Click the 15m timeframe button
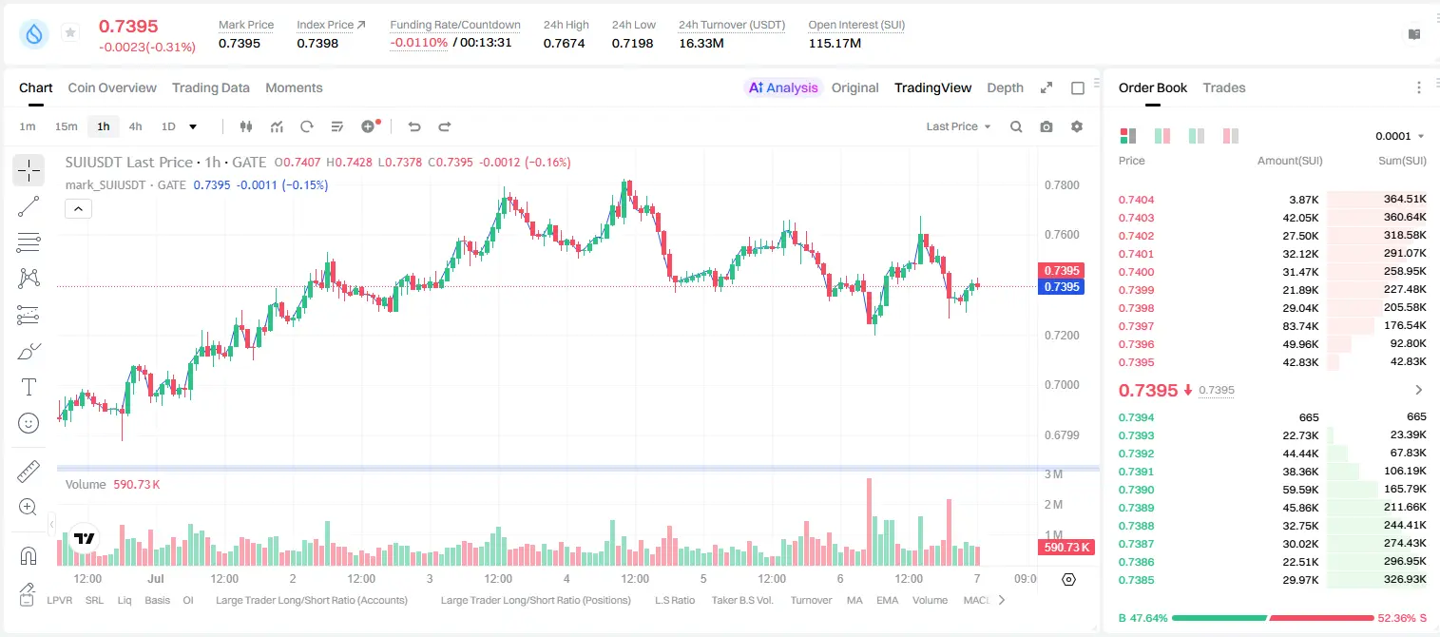pos(67,126)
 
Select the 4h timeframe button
pos(135,126)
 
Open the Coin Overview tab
pos(112,87)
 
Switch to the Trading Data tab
pos(211,87)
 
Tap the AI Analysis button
pos(783,87)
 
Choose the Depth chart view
pos(1005,87)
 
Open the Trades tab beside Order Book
pos(1224,87)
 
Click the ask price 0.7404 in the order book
pos(1136,200)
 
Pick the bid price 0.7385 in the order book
pos(1136,580)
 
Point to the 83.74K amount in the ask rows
pos(1300,326)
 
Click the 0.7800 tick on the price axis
pos(1062,185)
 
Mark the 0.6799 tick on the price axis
pos(1062,435)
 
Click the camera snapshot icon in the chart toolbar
pos(1046,126)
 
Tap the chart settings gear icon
pos(1077,126)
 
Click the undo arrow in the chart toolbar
pos(414,126)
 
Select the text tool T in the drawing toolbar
pos(29,387)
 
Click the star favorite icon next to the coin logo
pos(70,32)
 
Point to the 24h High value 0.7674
pos(564,43)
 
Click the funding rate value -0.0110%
pos(418,43)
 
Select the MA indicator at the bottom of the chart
pos(854,600)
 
